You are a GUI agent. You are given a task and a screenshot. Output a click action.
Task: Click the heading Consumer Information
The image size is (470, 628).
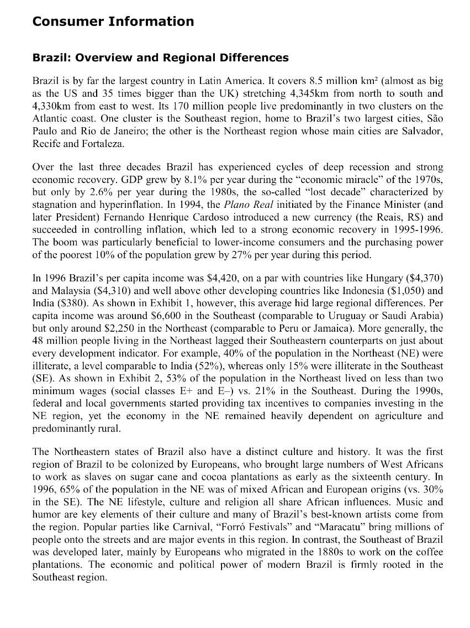(x=113, y=22)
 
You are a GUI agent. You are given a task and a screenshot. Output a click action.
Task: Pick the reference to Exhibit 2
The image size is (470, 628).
(x=125, y=378)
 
